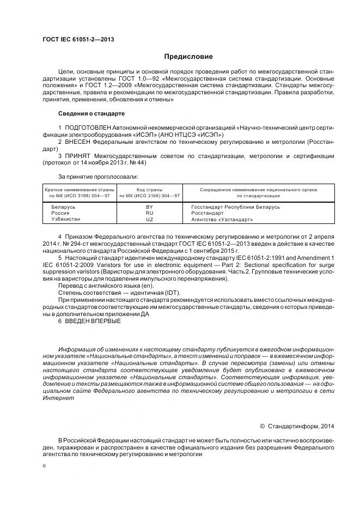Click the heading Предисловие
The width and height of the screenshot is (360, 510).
pos(188,57)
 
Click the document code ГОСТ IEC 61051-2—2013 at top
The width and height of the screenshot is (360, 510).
pos(78,39)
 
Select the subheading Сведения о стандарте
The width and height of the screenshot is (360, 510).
pos(91,113)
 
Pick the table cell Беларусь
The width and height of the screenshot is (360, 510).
pos(64,208)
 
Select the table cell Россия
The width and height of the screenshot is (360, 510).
pos(60,214)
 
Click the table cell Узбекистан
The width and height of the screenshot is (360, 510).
pos(66,220)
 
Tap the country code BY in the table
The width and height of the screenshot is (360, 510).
pos(149,208)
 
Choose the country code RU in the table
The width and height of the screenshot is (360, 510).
pos(149,214)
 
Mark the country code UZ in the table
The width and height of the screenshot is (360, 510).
pos(149,220)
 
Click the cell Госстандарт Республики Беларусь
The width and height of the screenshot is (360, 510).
pos(235,208)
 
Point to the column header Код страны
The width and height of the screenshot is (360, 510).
pos(149,189)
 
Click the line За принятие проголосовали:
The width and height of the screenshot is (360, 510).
pos(97,177)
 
